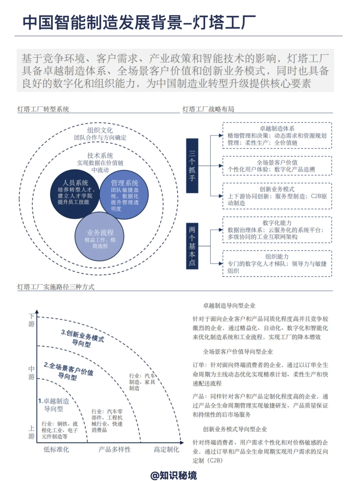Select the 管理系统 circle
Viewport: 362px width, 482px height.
click(124, 195)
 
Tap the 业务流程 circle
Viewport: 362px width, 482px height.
click(100, 236)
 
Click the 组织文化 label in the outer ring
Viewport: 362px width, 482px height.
click(100, 130)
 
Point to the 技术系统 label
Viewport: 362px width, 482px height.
click(100, 155)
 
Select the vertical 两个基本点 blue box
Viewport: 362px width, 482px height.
click(192, 246)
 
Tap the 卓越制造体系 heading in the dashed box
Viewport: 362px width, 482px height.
click(277, 128)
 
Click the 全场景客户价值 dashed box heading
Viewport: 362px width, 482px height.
click(277, 162)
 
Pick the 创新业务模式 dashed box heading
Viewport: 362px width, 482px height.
click(277, 189)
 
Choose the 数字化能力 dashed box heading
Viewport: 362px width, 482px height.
click(277, 223)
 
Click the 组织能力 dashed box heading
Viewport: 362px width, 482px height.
click(277, 257)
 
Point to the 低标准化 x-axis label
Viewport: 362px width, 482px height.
click(56, 449)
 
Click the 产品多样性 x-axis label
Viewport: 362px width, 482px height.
click(115, 449)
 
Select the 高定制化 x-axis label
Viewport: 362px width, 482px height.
click(167, 449)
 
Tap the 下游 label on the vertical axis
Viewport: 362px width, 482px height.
click(32, 320)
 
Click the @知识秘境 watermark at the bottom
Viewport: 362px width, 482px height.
click(174, 475)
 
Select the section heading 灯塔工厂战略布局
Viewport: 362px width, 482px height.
click(208, 109)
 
